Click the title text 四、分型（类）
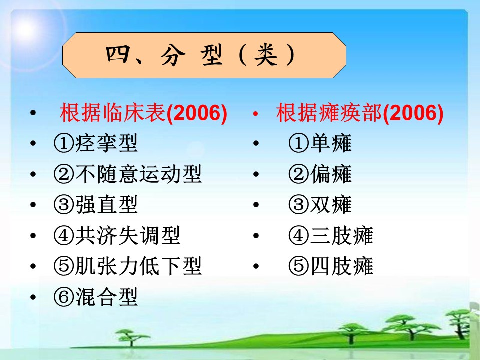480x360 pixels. [201, 55]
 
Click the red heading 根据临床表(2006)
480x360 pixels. [144, 113]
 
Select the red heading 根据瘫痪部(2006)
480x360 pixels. [360, 113]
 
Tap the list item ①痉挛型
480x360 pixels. [96, 143]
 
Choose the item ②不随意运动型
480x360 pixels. [128, 174]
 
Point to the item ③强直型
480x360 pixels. [96, 204]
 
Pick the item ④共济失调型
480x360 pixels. [117, 235]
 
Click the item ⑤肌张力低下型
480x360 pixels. [128, 266]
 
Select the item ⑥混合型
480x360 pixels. [96, 297]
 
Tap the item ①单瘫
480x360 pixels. [320, 143]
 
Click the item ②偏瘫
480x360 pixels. [320, 174]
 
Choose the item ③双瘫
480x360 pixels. [320, 204]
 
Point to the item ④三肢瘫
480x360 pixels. [331, 235]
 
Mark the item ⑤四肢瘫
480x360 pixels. [331, 266]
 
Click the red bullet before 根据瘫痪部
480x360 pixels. [256, 114]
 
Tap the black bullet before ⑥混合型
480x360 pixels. [33, 297]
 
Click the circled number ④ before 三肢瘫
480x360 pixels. [299, 235]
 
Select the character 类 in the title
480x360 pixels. [266, 55]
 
